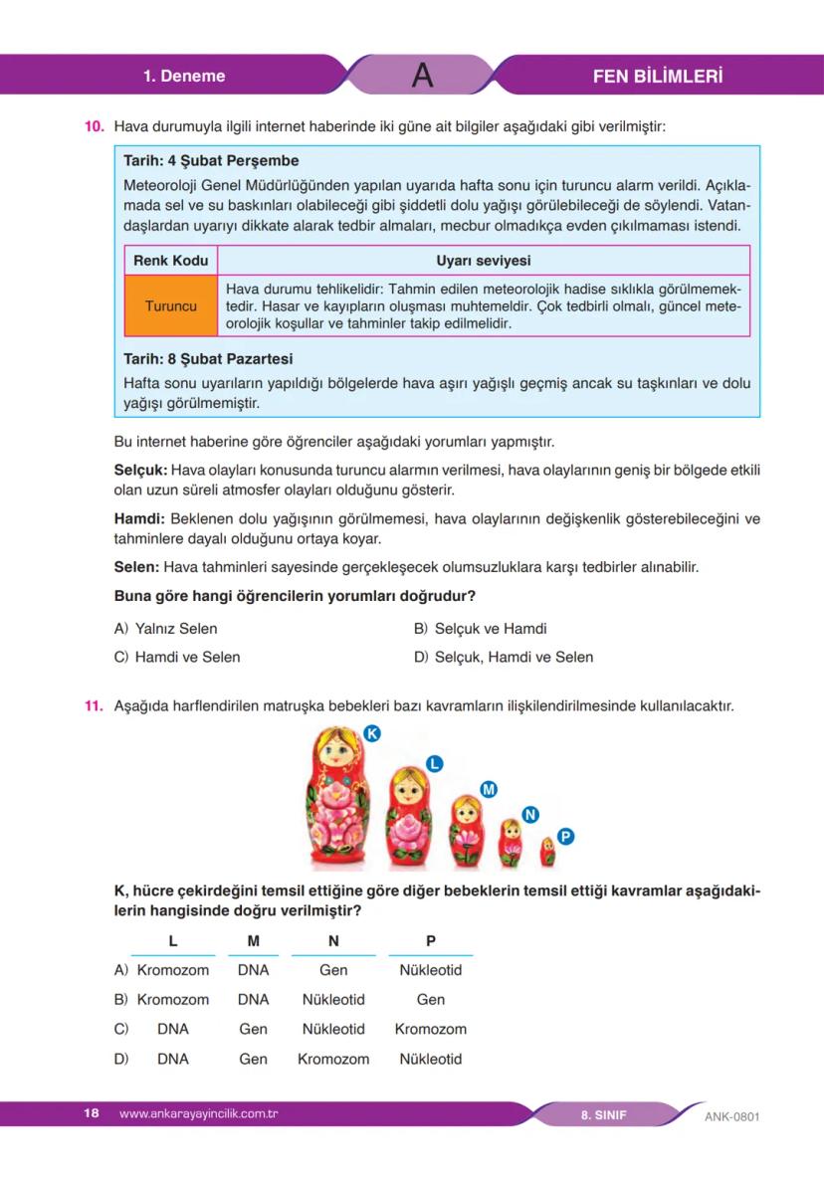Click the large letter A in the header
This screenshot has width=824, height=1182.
pos(422,76)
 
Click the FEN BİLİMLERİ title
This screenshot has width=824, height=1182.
pos(657,76)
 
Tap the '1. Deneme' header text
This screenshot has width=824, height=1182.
pos(184,76)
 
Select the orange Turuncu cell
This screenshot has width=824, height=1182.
pos(171,305)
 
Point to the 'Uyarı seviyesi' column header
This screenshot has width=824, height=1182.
pos(483,261)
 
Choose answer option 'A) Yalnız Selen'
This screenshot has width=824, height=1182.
pos(166,629)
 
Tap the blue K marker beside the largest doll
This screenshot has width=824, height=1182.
pos(372,733)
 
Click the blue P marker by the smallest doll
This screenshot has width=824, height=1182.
pos(565,837)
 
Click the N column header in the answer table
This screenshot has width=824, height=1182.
pos(333,941)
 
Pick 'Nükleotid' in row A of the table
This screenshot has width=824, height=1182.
pos(430,970)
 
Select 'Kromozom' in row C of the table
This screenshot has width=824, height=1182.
pos(430,1029)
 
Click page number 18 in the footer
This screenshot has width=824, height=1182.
pos(92,1113)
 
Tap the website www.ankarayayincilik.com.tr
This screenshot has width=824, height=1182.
pos(197,1113)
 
